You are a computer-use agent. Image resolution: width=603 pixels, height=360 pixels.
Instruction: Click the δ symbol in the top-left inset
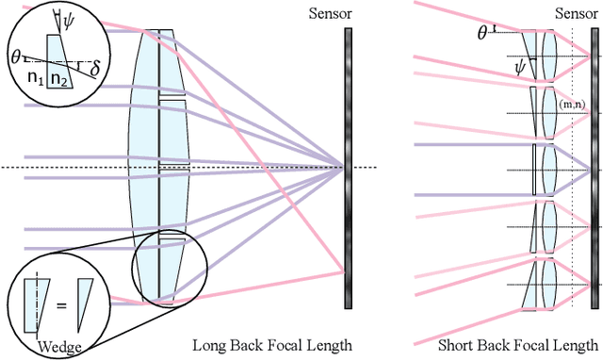(93, 67)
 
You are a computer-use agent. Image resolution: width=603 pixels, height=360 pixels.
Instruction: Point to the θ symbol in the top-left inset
(15, 56)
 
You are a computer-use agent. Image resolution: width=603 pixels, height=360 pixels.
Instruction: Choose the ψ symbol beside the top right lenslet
(519, 66)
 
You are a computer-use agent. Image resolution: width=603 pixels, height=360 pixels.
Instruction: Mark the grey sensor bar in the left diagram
(348, 169)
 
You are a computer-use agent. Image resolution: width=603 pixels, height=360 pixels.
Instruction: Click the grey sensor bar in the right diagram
(595, 170)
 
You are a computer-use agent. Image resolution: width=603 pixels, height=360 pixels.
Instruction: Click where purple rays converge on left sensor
(344, 169)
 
